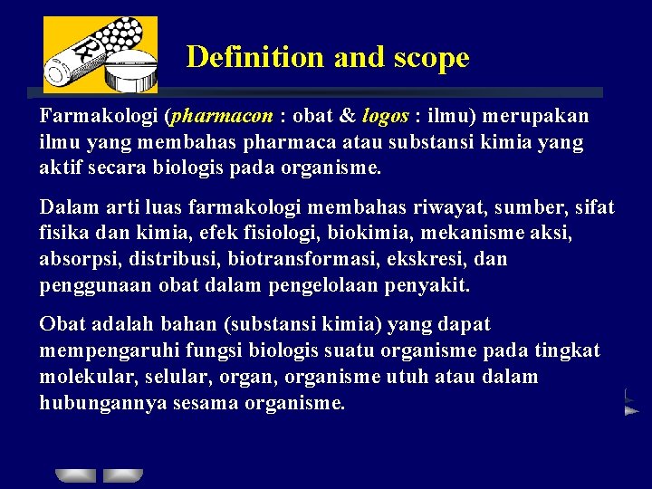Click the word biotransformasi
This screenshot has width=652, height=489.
[x=285, y=260]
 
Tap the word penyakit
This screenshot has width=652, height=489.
[x=430, y=286]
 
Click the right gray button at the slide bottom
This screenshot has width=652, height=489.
[x=123, y=475]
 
